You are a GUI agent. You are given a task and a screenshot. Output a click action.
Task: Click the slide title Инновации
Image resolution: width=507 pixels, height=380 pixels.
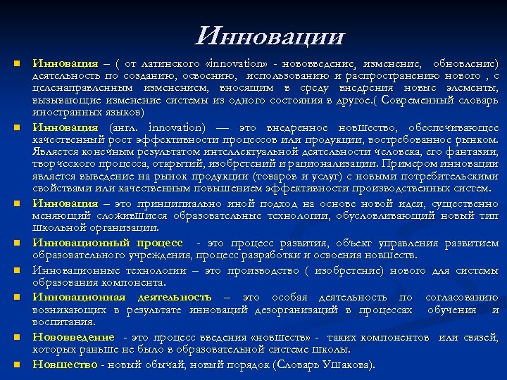pos(271,35)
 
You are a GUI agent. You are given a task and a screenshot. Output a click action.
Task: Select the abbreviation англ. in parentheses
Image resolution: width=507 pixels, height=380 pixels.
pos(126,127)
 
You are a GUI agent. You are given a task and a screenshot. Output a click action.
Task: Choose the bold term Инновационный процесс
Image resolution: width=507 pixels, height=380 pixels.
pos(112,243)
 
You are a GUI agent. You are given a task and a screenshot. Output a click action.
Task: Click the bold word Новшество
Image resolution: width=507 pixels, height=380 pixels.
pos(65,364)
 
